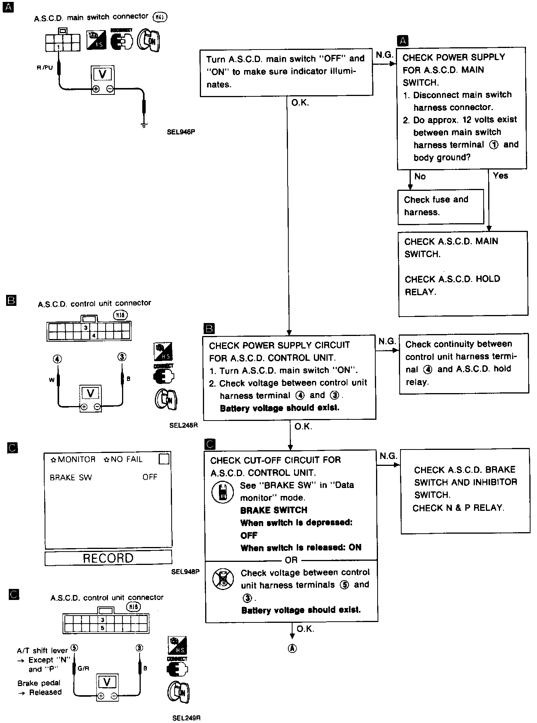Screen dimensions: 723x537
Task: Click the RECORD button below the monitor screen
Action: tap(108, 558)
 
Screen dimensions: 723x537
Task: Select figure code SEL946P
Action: tap(183, 133)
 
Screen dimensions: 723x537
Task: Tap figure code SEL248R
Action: tap(183, 425)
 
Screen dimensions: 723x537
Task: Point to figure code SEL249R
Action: tap(186, 718)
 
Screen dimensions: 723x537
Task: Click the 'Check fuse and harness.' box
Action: tap(440, 206)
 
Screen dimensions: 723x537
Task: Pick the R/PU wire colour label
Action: tap(45, 68)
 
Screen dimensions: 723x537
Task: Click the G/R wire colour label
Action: tap(84, 669)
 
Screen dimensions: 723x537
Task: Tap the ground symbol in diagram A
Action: tap(144, 125)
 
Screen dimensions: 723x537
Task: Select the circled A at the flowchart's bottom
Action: tap(292, 649)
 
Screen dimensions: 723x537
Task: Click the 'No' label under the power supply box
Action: tap(420, 176)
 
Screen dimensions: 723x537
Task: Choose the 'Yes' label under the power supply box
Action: tap(500, 176)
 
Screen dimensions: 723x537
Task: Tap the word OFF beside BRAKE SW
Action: tap(150, 477)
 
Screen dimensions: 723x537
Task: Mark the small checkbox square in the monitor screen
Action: tap(164, 459)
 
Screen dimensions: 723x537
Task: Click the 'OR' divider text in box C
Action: tap(291, 560)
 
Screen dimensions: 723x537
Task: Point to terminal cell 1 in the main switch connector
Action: tap(58, 47)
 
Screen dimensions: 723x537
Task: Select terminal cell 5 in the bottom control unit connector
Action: tap(103, 628)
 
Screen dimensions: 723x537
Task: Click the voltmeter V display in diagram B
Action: tap(90, 393)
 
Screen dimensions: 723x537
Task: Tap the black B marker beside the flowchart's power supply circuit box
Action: tap(209, 329)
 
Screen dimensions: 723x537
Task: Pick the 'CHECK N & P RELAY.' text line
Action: tap(458, 508)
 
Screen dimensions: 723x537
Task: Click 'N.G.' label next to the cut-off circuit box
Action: tap(388, 456)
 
